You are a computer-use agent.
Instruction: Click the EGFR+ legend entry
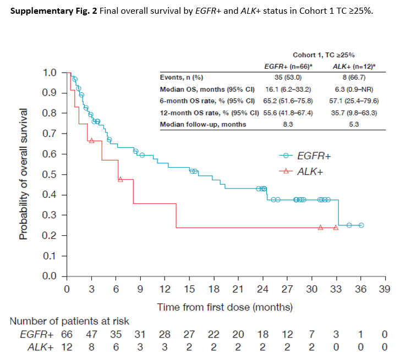tap(314, 156)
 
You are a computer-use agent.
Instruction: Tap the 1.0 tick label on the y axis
tap(50, 73)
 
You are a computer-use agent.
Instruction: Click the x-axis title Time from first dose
tap(224, 307)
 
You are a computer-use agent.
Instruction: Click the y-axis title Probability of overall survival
tap(24, 174)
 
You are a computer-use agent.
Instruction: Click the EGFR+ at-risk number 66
tap(66, 334)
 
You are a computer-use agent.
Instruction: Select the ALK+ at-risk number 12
tap(66, 347)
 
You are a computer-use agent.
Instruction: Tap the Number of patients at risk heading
tap(69, 322)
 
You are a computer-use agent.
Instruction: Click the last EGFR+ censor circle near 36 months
tap(361, 225)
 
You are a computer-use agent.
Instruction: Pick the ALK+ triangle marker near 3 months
tap(91, 141)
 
